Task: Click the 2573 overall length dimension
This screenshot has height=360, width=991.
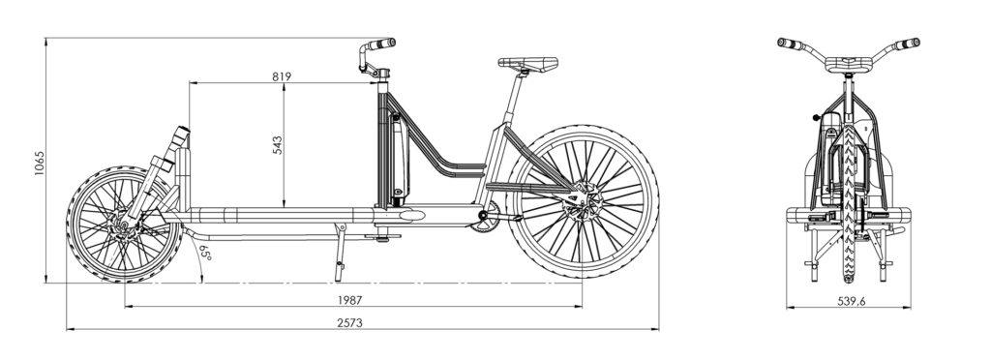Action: [349, 322]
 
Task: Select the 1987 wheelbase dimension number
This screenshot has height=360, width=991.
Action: [349, 300]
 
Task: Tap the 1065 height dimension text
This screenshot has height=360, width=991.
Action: [40, 163]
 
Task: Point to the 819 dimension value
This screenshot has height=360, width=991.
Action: [282, 76]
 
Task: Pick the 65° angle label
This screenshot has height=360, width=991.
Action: [205, 253]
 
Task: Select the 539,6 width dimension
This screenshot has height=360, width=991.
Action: [852, 301]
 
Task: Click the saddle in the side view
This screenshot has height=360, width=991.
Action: [527, 63]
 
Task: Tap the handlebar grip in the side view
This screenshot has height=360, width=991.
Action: [382, 44]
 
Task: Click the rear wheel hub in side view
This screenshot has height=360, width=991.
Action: [580, 201]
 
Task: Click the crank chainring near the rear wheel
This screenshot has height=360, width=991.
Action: [484, 217]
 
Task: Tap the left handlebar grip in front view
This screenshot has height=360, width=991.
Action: [788, 44]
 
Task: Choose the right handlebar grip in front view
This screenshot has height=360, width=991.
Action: [908, 44]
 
